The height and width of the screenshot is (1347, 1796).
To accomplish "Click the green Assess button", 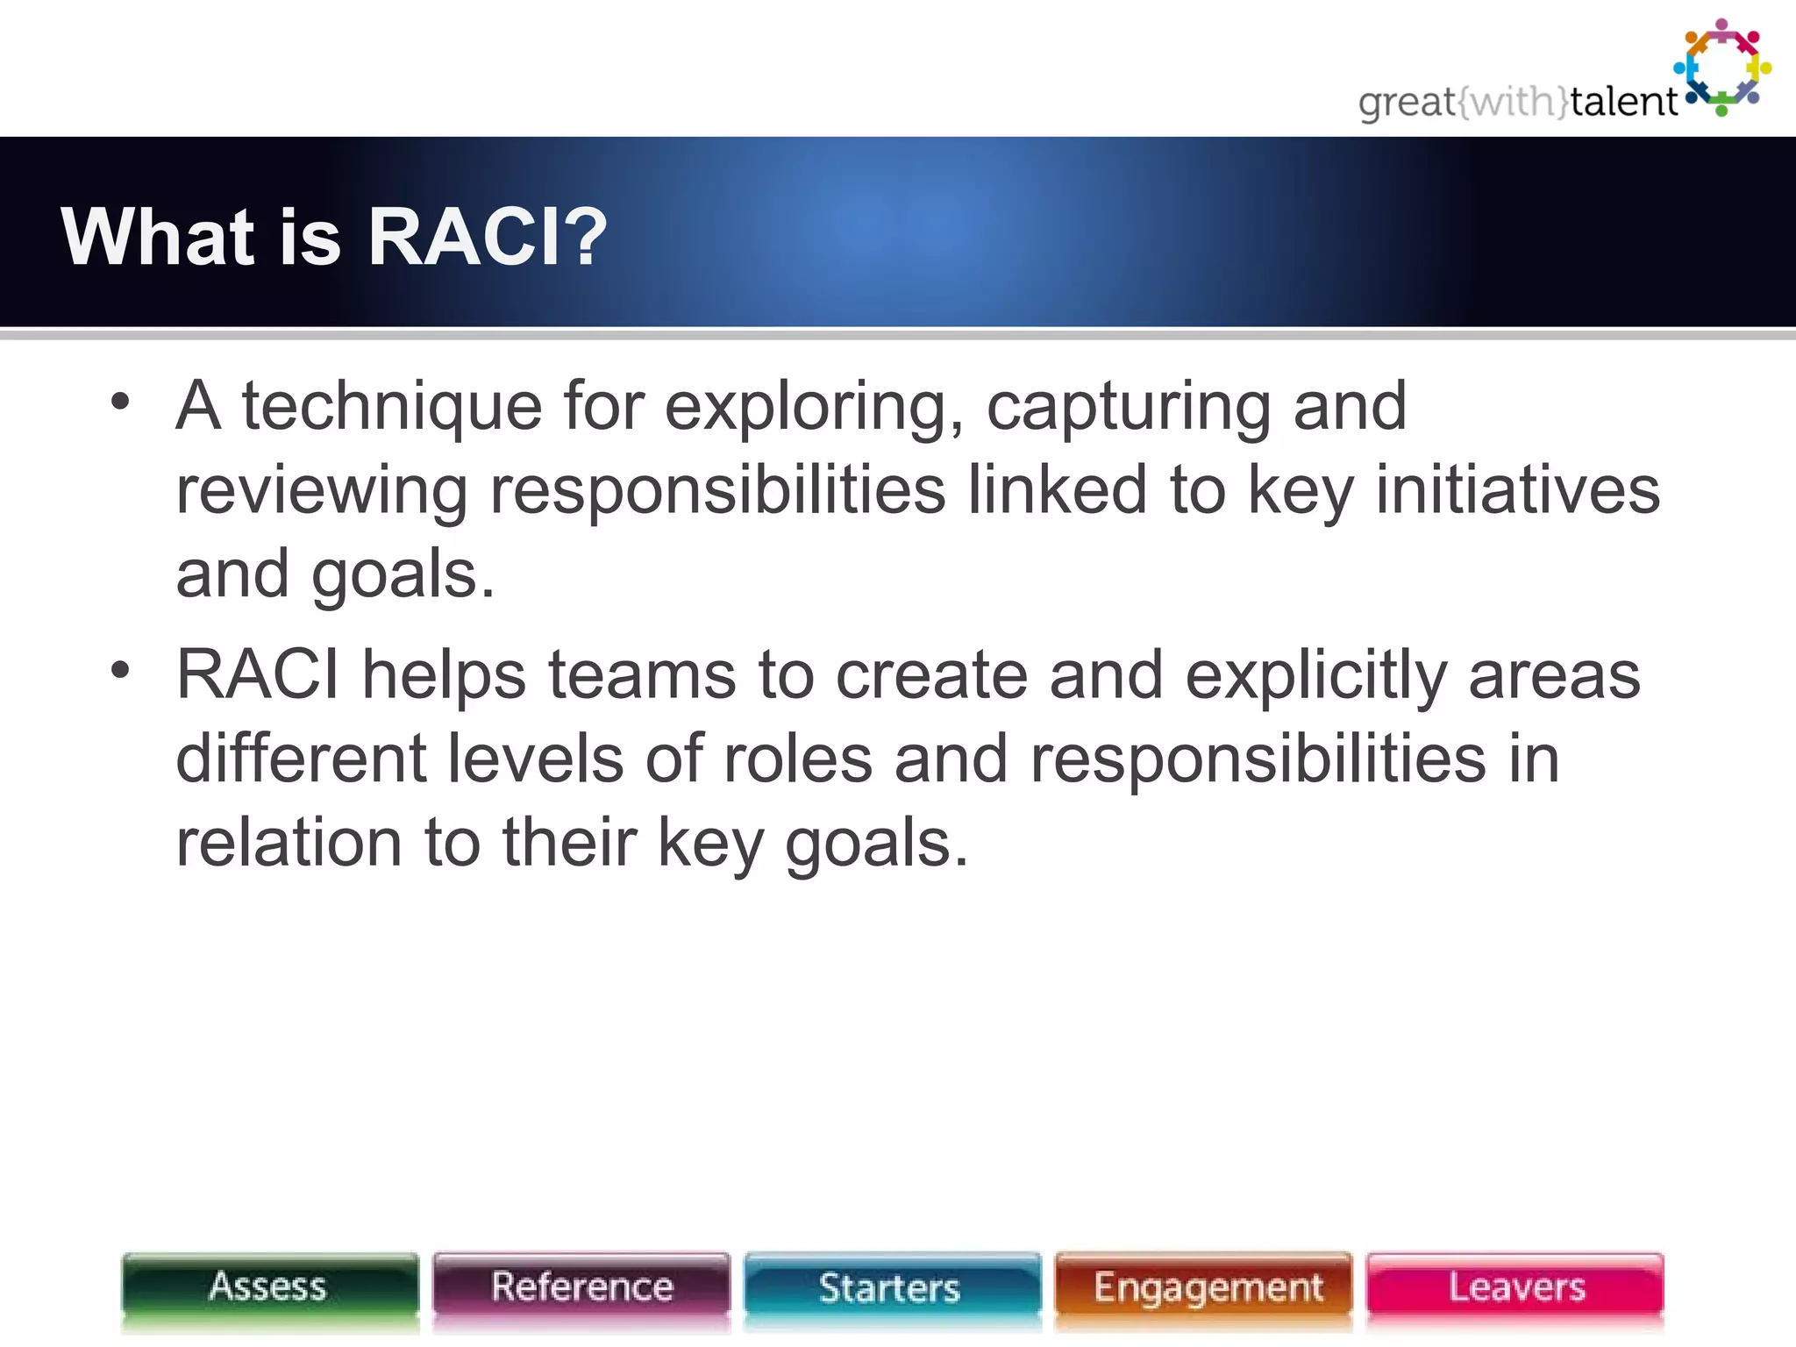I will point(269,1287).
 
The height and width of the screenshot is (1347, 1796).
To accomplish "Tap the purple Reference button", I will point(581,1287).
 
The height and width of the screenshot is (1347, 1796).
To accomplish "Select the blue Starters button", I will point(891,1287).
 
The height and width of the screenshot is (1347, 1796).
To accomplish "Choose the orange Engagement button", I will point(1205,1287).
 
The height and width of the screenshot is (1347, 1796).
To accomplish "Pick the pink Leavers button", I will point(1515,1287).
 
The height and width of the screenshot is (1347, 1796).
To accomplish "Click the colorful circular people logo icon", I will point(1722,68).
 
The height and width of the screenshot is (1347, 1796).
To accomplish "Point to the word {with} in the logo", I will point(1513,103).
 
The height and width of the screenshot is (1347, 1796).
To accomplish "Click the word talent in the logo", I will point(1622,103).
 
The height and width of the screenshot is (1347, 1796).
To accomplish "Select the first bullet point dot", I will point(120,403).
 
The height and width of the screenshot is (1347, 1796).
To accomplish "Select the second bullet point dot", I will point(120,671).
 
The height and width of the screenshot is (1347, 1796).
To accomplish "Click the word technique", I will point(392,408).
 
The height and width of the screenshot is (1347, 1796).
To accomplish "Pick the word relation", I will point(289,842).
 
